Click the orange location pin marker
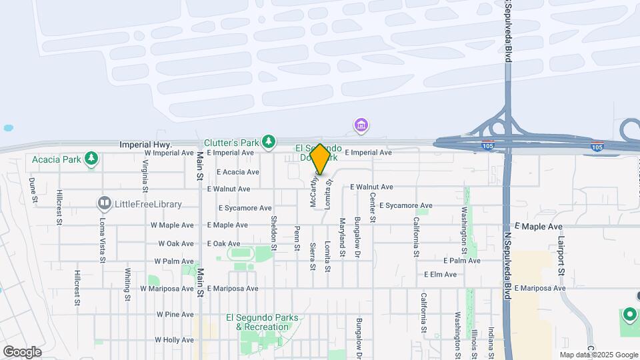(319, 159)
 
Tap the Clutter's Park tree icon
(268, 141)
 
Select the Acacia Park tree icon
(91, 159)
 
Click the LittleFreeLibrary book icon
(104, 202)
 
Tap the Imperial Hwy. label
(145, 144)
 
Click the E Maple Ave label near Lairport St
(539, 227)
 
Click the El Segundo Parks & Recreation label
(262, 321)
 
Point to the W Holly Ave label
(175, 340)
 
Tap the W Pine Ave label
(175, 314)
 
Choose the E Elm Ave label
(440, 274)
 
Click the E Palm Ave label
(461, 260)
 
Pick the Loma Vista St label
(103, 231)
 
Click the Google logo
(22, 351)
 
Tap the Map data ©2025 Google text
(598, 355)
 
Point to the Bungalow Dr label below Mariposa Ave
(358, 335)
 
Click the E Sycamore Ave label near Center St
(406, 205)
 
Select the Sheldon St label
(273, 229)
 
